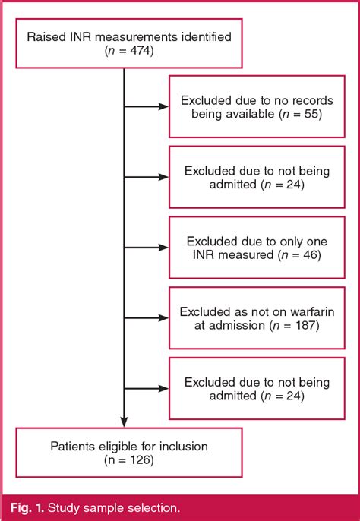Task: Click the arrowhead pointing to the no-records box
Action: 163,107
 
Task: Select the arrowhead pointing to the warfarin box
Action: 163,317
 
